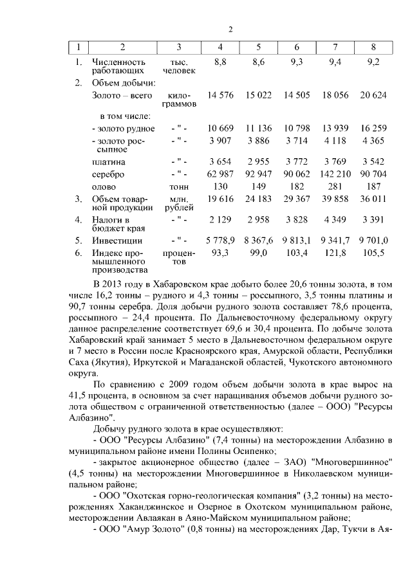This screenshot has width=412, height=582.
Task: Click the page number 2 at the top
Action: (230, 30)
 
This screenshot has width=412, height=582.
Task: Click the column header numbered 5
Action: (259, 47)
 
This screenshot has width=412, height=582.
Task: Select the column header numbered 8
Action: (373, 47)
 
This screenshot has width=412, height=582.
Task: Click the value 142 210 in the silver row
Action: (335, 174)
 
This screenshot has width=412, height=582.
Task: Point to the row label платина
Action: (108, 161)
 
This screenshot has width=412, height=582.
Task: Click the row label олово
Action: (104, 186)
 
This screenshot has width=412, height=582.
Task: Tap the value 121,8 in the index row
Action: (335, 253)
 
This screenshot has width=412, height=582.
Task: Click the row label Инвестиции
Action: (117, 240)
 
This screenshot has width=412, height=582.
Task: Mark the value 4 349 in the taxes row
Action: (335, 219)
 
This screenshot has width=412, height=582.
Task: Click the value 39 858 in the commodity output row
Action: (335, 199)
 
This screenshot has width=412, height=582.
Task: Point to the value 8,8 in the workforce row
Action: (221, 62)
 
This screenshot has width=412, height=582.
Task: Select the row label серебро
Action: (108, 174)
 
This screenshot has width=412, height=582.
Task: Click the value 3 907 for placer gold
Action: (221, 141)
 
